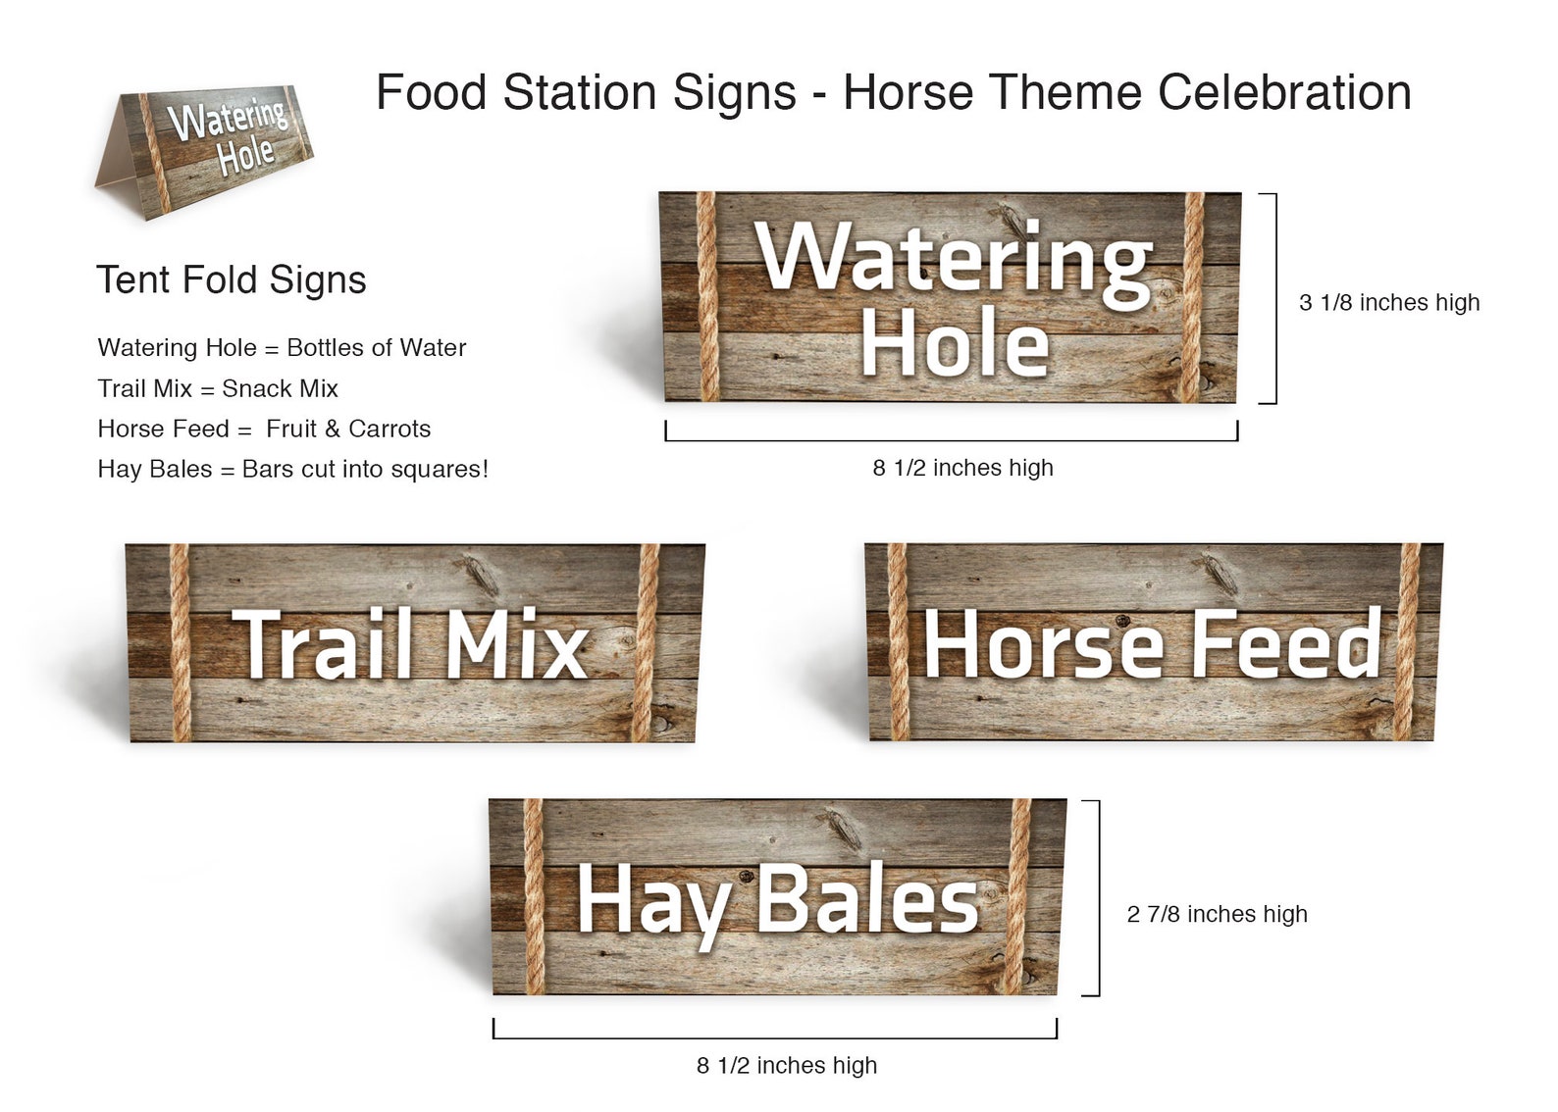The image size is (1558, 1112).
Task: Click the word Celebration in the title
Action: coord(1284,93)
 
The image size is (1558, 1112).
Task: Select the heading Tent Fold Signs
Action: coord(232,280)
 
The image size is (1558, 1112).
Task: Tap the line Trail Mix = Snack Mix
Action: coord(218,388)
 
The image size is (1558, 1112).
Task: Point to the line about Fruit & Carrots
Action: coord(264,429)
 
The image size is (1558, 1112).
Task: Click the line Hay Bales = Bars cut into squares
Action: coord(292,469)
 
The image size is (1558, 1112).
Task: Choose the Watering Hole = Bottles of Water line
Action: coord(282,348)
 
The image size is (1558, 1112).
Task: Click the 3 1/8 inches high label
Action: coord(1389,303)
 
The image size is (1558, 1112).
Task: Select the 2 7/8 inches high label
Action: coord(1217,914)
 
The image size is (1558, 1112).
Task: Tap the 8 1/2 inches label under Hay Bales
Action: coord(787,1065)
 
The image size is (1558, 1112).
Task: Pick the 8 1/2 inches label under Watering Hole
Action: coord(962,468)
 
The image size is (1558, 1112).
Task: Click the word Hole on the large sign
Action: coord(955,342)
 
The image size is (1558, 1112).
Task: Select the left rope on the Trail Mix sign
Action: coord(180,642)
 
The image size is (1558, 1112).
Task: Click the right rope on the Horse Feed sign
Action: coord(1407,642)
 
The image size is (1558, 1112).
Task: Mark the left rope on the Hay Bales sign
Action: coord(533,897)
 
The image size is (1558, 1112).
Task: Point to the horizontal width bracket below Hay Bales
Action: coord(775,1035)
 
